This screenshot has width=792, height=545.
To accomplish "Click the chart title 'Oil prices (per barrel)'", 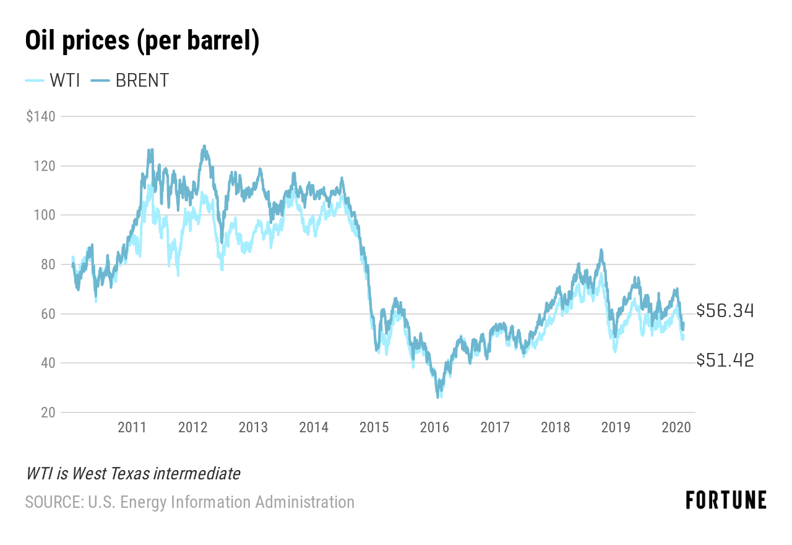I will [142, 41].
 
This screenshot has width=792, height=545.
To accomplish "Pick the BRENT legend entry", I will [130, 81].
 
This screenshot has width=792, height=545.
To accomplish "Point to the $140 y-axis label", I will [41, 116].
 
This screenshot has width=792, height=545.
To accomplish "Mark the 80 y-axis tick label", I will [48, 264].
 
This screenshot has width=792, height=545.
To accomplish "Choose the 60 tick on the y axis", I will [48, 314].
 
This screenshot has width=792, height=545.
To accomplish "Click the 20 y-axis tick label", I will [48, 412].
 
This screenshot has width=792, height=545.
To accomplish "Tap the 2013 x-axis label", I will [252, 427].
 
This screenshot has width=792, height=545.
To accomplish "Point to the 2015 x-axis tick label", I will [374, 427].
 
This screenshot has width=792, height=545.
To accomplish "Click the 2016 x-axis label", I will [434, 427].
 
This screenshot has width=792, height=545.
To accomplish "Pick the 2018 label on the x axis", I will [555, 427].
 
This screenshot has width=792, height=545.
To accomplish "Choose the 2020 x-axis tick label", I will [676, 427].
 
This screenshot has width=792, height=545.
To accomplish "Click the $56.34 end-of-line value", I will [725, 311].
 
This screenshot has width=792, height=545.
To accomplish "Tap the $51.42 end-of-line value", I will [725, 360].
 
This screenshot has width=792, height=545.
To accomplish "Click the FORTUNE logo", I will [726, 500].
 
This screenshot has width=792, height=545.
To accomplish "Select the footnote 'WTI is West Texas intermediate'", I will [133, 474].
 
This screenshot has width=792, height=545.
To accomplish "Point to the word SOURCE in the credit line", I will [53, 502].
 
